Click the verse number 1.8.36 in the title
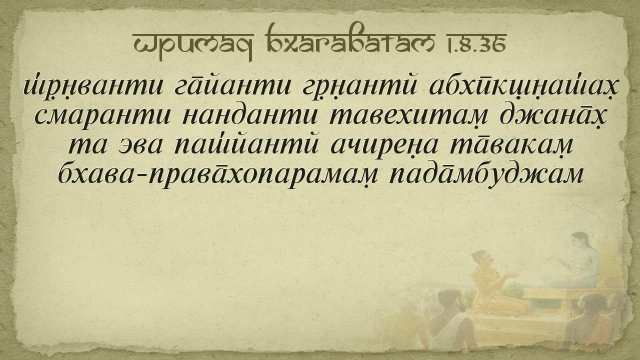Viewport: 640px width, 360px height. click(476, 43)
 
